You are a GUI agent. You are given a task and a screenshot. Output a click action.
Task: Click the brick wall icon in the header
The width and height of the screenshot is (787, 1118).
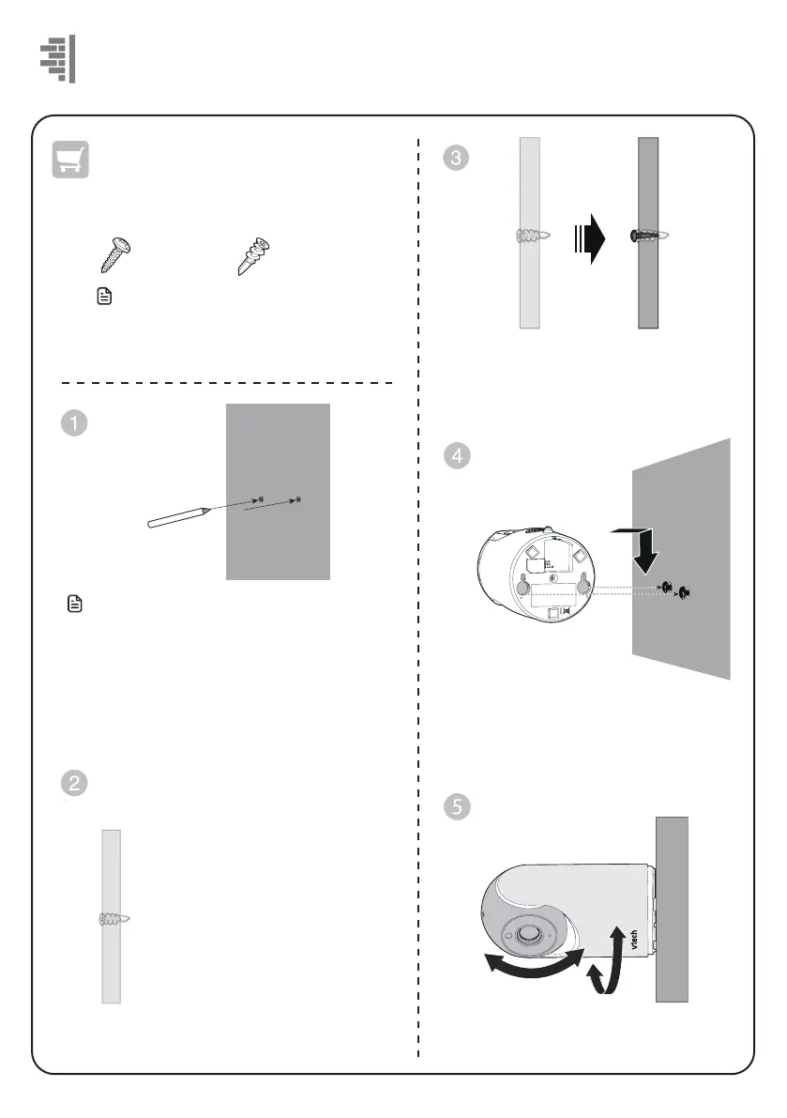point(58,59)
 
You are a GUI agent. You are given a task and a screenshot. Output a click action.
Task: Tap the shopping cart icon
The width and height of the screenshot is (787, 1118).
point(69,161)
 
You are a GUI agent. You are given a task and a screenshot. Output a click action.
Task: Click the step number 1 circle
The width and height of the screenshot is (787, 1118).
point(74,422)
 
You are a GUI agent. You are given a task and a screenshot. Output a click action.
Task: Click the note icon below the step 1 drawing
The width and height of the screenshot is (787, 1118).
point(76,606)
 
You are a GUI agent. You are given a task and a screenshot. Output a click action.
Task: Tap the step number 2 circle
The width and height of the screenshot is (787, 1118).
point(74,784)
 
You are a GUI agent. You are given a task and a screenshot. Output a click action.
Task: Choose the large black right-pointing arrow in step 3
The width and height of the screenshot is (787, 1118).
point(589,237)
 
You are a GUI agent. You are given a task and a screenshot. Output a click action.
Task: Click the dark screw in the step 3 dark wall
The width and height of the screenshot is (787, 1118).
point(648,237)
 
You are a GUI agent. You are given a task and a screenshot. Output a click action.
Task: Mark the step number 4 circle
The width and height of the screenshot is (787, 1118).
point(455,457)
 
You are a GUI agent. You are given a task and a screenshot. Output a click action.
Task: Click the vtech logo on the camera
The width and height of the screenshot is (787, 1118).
point(633,939)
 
